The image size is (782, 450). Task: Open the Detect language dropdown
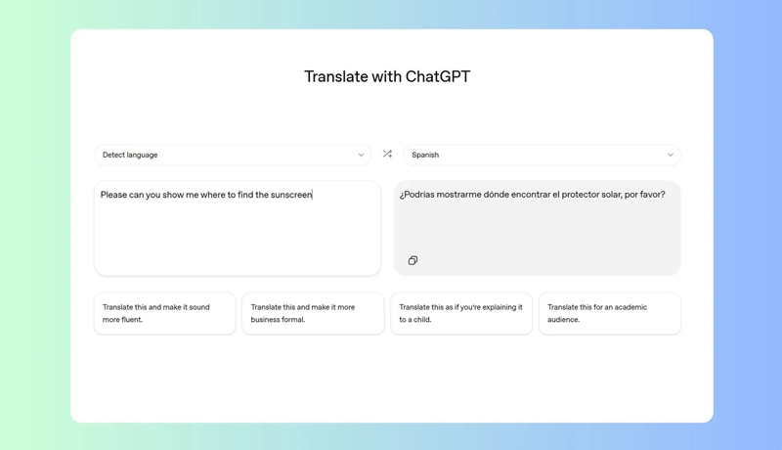[233, 155]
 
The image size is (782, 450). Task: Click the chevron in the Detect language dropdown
[361, 155]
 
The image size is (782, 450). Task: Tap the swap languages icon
[387, 154]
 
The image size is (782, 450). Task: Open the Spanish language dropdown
[542, 155]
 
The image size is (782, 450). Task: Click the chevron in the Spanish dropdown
[671, 155]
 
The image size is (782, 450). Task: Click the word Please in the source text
[114, 195]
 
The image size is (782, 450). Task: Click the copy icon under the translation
[413, 260]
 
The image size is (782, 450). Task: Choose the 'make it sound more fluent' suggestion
[164, 313]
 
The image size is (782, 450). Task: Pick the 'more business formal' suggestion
[313, 313]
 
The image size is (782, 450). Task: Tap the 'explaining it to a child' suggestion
[461, 313]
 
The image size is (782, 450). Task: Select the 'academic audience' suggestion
[609, 313]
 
